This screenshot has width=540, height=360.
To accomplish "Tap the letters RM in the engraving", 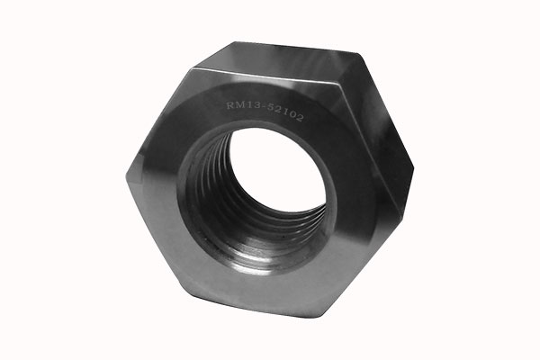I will (x=235, y=105).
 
